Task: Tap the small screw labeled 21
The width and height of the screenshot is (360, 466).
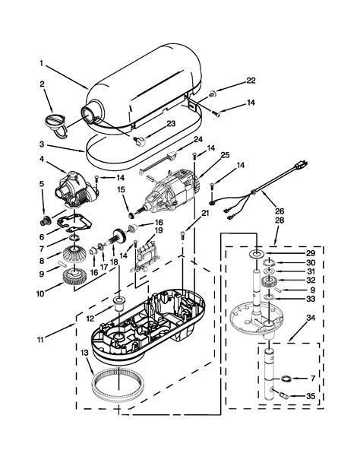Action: click(x=183, y=236)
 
